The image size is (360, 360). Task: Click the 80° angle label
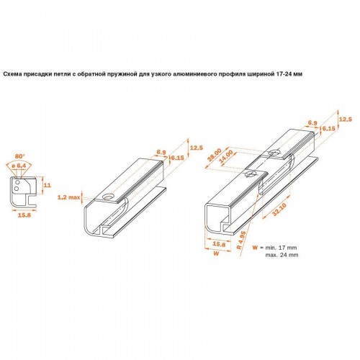point(20,156)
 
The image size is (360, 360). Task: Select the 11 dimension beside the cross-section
point(48,185)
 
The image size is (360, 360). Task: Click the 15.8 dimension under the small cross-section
point(24,215)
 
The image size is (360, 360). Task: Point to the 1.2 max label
point(68,197)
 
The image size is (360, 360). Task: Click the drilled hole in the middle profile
point(107,197)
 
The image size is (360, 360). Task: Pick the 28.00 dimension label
point(215,155)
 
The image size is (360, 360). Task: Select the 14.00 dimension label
point(226,156)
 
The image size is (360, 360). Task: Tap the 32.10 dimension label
point(279,210)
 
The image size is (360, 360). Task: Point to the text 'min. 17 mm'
point(281,248)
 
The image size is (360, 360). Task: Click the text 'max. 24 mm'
point(282,255)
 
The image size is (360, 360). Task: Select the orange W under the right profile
point(217,253)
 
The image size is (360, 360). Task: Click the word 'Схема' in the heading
point(12,74)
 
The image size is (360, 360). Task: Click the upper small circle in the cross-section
point(16,183)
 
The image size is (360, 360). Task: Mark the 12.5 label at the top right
point(346,119)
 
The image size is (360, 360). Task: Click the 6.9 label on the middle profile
point(161,152)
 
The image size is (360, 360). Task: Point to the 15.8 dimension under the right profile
point(219,244)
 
